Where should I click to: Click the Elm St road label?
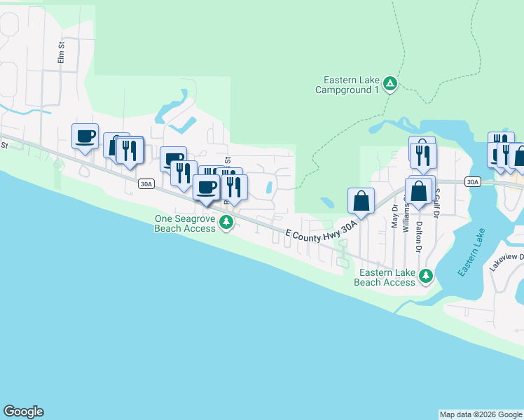[61, 55]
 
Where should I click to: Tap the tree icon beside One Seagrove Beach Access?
[226, 223]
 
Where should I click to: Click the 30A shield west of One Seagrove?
[145, 184]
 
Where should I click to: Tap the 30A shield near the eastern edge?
[473, 182]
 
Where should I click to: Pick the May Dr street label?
[394, 216]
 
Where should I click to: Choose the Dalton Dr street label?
[419, 237]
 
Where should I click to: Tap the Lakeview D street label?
[506, 262]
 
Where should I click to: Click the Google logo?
[23, 412]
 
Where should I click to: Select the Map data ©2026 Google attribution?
[481, 414]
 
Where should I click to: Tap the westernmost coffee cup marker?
[85, 136]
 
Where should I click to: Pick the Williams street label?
[406, 216]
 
